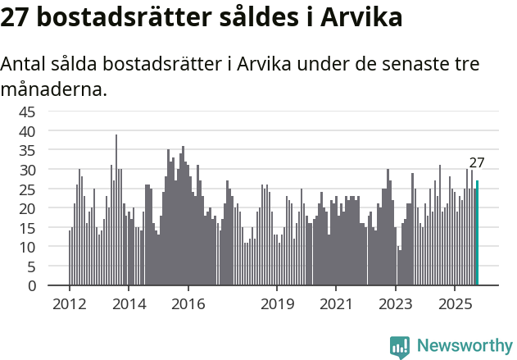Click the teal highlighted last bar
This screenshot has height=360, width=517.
pos(478,234)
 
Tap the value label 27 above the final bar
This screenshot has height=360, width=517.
pos(477,162)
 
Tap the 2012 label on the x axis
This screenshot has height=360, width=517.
pos(69,304)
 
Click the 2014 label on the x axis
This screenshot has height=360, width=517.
pos(129,304)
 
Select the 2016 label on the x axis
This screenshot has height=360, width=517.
pos(188,304)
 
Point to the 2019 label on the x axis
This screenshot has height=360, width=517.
pos(277,304)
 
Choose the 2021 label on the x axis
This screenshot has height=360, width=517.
pos(336,304)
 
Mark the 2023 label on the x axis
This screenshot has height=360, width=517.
pos(396,304)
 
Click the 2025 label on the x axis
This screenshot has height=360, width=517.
pos(455,304)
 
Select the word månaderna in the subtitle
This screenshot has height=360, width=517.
pos(54,89)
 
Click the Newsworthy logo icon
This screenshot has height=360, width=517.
pos(400,347)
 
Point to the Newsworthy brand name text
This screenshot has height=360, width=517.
pos(464,347)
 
